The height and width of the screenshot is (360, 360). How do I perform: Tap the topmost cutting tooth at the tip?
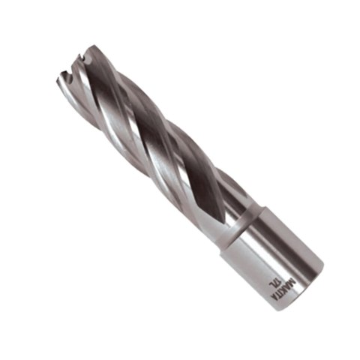[89, 49]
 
